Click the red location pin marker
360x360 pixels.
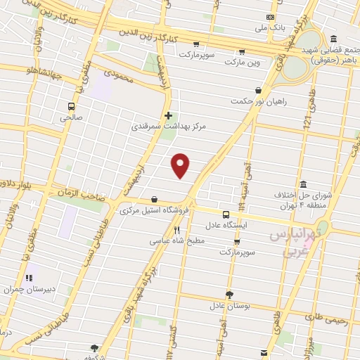click(x=181, y=165)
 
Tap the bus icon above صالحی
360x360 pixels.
click(x=71, y=107)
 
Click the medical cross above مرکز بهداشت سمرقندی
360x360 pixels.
click(x=167, y=115)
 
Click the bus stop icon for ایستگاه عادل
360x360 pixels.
click(x=226, y=214)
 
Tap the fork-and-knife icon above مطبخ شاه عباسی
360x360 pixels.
click(x=177, y=229)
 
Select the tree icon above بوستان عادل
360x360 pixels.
click(x=229, y=295)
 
